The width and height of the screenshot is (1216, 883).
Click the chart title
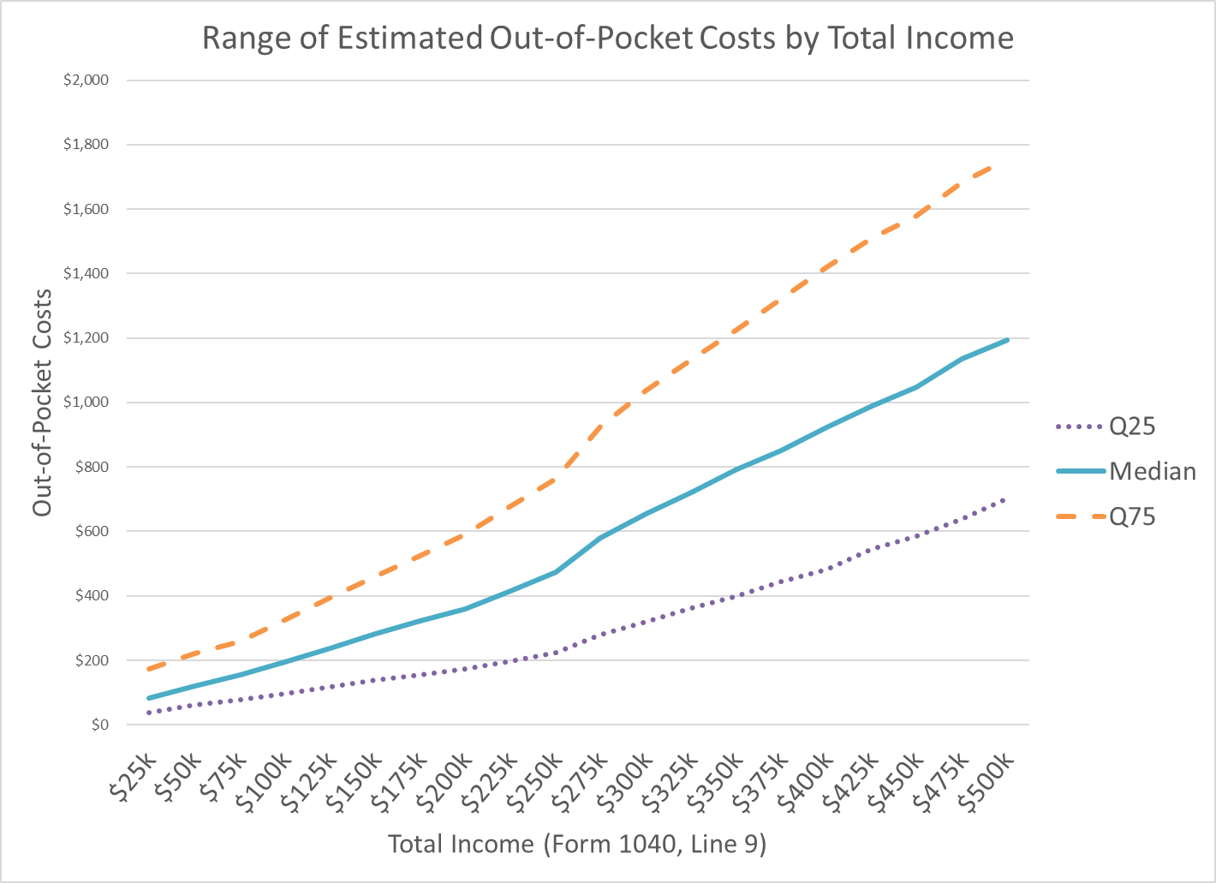(x=607, y=39)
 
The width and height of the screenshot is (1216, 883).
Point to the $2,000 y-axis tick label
(x=86, y=81)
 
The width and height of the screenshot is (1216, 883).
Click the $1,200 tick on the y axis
(x=86, y=338)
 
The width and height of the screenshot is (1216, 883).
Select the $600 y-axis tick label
(x=92, y=532)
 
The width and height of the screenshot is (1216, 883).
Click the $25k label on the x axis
(x=134, y=776)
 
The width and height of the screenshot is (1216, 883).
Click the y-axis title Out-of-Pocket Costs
(x=43, y=402)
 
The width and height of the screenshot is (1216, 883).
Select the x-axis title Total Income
(x=577, y=844)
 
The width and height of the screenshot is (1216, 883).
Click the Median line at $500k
(x=1007, y=340)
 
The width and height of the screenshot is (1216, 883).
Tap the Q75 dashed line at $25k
(x=149, y=668)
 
